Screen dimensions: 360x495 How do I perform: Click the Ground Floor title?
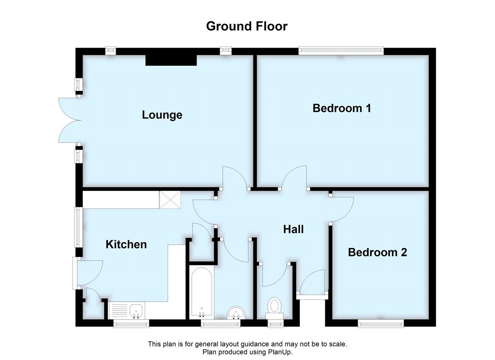click(247, 26)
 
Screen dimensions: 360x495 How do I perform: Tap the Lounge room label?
click(162, 115)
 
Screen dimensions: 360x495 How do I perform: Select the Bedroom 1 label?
click(342, 108)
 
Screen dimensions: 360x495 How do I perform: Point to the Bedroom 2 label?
click(377, 252)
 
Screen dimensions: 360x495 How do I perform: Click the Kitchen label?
click(126, 244)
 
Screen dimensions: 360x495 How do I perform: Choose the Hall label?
click(293, 229)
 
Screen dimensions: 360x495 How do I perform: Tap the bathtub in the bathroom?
click(199, 292)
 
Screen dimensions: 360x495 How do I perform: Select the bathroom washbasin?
click(234, 312)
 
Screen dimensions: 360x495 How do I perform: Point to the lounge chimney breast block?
click(171, 60)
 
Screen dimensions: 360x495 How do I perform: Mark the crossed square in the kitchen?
click(170, 199)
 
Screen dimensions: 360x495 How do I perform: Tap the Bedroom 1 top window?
click(341, 51)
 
